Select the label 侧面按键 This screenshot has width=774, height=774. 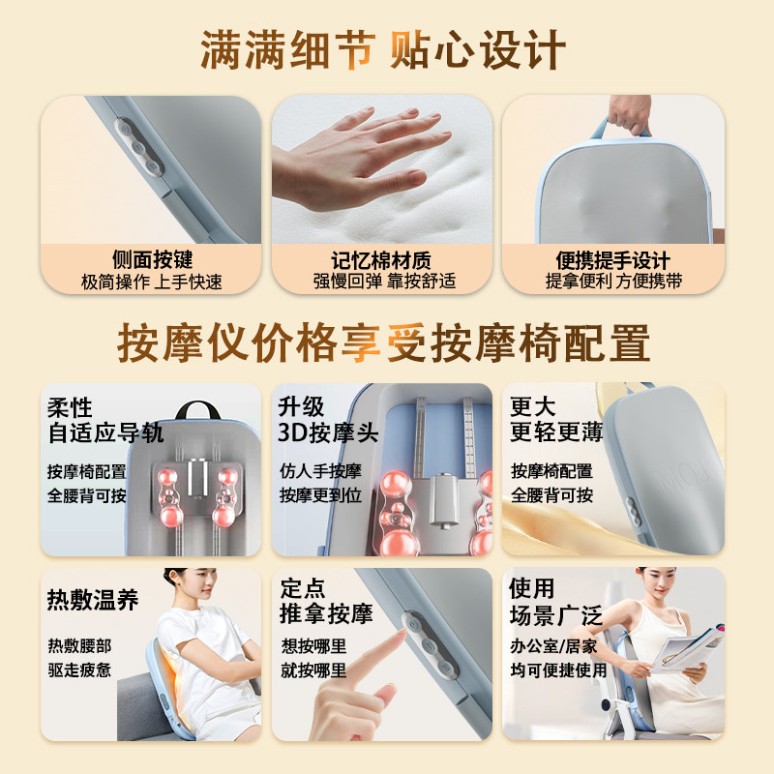pyautogui.click(x=152, y=260)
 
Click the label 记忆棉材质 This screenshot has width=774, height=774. pyautogui.click(x=383, y=260)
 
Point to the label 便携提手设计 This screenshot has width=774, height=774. pyautogui.click(x=613, y=260)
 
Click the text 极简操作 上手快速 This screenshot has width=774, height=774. pyautogui.click(x=152, y=282)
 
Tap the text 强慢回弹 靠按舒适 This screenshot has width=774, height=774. pyautogui.click(x=383, y=282)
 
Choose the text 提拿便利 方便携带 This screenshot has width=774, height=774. pyautogui.click(x=613, y=282)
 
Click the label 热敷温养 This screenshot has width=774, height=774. pyautogui.click(x=93, y=599)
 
